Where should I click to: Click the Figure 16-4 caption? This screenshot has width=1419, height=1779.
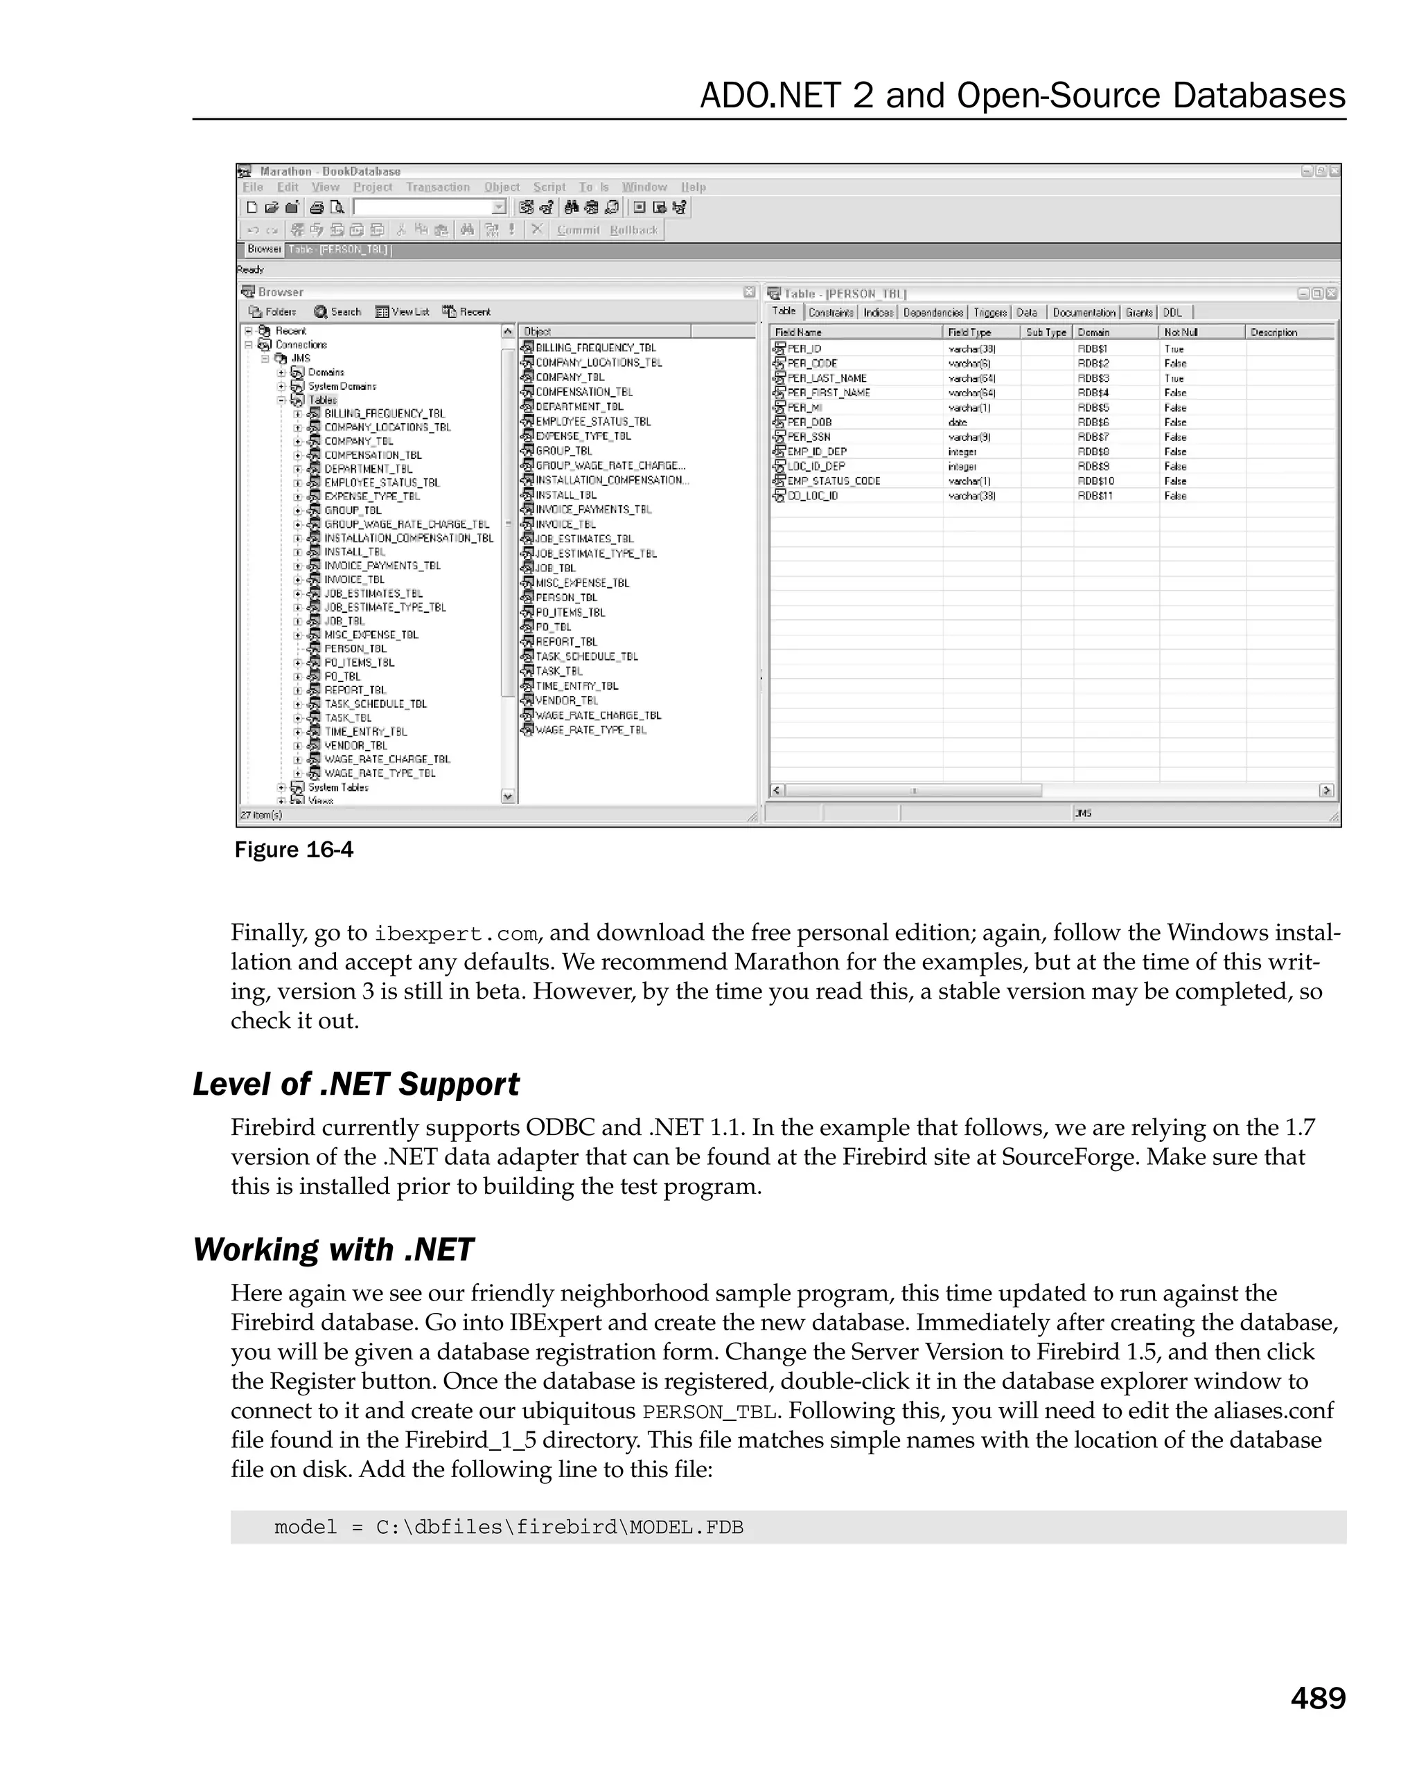[x=294, y=850]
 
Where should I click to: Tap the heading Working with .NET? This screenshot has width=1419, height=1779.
[x=333, y=1250]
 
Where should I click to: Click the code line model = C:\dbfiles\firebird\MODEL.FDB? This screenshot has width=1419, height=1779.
[x=509, y=1528]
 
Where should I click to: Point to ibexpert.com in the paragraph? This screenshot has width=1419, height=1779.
[x=456, y=934]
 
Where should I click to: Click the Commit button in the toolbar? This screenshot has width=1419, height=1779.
[x=578, y=230]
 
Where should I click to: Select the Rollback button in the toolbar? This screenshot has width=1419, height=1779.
[x=634, y=230]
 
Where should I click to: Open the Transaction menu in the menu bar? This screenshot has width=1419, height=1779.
[x=437, y=187]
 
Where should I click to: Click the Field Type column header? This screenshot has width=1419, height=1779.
[x=969, y=332]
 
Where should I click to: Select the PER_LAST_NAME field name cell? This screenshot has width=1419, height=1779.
[x=827, y=379]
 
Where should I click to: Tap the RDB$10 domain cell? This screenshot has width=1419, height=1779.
[x=1095, y=481]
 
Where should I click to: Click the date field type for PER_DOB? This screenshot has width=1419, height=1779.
[x=958, y=422]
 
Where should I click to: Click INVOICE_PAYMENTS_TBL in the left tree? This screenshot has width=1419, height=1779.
[x=382, y=566]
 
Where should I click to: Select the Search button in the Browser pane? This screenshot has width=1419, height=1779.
[x=337, y=312]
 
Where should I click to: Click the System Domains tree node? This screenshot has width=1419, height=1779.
[x=342, y=386]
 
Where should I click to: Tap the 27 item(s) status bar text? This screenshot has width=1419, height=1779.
[x=261, y=815]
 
